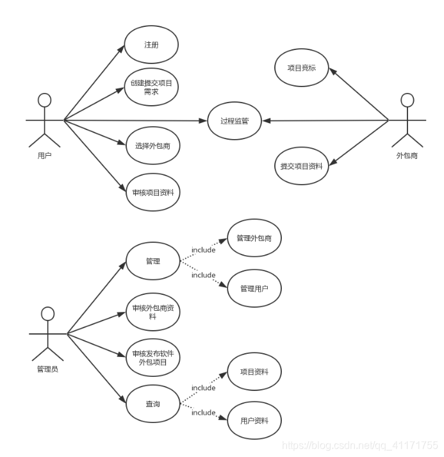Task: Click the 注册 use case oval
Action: (x=151, y=45)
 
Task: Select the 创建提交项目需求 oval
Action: (x=151, y=87)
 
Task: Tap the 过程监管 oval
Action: (x=234, y=120)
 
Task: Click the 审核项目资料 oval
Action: (x=151, y=192)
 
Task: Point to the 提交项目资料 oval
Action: (x=301, y=165)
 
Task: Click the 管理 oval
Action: (x=152, y=262)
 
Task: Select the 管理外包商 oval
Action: (x=254, y=238)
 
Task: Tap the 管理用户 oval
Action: (x=254, y=288)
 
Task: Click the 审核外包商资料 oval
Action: (x=152, y=312)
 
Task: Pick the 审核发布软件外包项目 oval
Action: (x=152, y=358)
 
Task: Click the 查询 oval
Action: (x=152, y=404)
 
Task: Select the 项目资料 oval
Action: (x=254, y=372)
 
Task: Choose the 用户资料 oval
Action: (x=254, y=420)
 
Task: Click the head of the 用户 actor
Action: (x=44, y=101)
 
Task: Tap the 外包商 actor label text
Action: (x=407, y=156)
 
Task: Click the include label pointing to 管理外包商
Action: (x=204, y=250)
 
